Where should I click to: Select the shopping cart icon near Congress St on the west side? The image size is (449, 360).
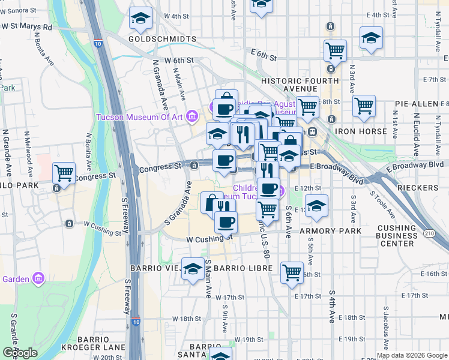click(x=64, y=173)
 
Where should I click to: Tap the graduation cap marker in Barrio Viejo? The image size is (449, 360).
click(x=193, y=269)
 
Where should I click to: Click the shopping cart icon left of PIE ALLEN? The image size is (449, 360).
click(x=364, y=106)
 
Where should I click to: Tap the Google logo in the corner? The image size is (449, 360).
click(x=20, y=353)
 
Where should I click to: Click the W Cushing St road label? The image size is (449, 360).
click(x=209, y=238)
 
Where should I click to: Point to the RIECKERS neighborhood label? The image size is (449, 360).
click(x=418, y=188)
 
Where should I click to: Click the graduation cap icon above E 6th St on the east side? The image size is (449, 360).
click(x=372, y=38)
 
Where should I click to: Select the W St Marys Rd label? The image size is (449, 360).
click(x=27, y=27)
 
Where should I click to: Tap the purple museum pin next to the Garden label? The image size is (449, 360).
click(x=40, y=278)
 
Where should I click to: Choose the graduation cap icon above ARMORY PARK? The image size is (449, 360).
click(x=316, y=206)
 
